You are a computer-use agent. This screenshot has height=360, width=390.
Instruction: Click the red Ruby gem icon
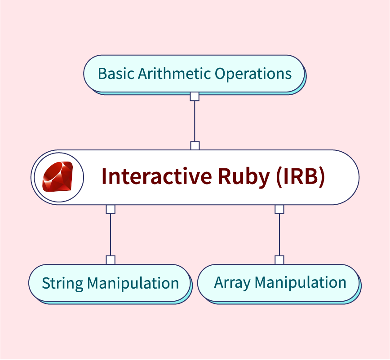click(58, 177)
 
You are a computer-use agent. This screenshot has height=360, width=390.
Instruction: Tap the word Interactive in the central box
click(157, 176)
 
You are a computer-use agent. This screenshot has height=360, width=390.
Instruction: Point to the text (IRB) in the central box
click(301, 176)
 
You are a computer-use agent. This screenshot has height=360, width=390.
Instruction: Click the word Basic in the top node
click(116, 74)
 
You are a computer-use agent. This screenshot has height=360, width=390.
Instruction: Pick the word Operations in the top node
click(253, 74)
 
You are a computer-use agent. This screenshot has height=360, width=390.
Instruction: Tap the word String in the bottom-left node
click(62, 284)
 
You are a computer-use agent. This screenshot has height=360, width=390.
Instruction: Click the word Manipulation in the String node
click(133, 284)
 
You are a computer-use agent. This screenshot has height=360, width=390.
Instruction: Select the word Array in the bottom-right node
click(232, 283)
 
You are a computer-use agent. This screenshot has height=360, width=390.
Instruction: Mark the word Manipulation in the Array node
click(300, 283)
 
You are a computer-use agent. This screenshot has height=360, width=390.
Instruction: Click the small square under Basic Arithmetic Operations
click(195, 97)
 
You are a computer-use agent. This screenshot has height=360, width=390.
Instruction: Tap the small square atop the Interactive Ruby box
click(195, 146)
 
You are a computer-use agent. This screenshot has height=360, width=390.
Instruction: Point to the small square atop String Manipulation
click(111, 260)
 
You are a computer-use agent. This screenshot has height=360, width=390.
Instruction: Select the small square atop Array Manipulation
click(279, 260)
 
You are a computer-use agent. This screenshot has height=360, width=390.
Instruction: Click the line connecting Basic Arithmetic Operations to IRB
click(195, 121)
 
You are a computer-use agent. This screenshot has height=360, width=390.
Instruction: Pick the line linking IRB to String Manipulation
click(111, 234)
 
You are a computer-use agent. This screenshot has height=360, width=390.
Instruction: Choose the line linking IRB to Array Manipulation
click(279, 234)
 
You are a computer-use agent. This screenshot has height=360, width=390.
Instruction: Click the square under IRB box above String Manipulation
click(111, 209)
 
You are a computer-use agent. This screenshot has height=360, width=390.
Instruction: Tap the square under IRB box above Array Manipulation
click(279, 209)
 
